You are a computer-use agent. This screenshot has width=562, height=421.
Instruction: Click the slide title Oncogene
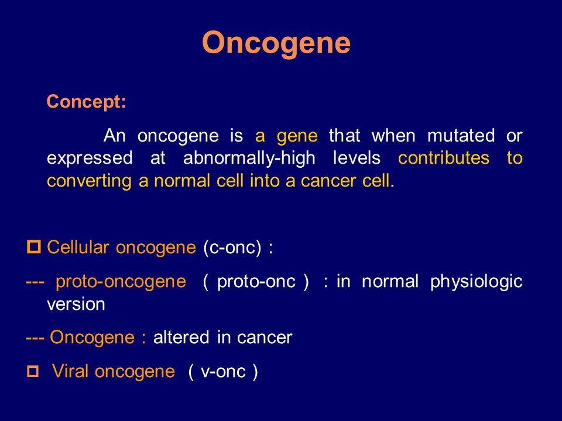click(276, 43)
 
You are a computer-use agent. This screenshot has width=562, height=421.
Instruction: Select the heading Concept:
click(86, 102)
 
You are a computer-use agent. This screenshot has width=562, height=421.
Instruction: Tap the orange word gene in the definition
click(297, 136)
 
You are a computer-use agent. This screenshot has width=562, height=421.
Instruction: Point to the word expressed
click(88, 159)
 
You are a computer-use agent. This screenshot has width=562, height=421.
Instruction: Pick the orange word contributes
click(443, 158)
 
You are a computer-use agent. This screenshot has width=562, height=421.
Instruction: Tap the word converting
click(89, 181)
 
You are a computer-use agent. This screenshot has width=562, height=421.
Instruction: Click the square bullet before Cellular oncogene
click(33, 247)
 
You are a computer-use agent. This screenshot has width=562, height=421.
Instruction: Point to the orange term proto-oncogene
click(121, 281)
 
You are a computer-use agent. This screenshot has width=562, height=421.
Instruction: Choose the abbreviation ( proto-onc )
click(256, 281)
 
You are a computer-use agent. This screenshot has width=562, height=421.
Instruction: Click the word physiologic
click(476, 281)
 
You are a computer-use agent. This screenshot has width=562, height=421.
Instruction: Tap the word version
click(76, 304)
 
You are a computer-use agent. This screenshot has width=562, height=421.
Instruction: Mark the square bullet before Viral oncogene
click(33, 371)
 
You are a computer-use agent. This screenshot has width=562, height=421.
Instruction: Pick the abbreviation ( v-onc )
click(222, 371)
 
